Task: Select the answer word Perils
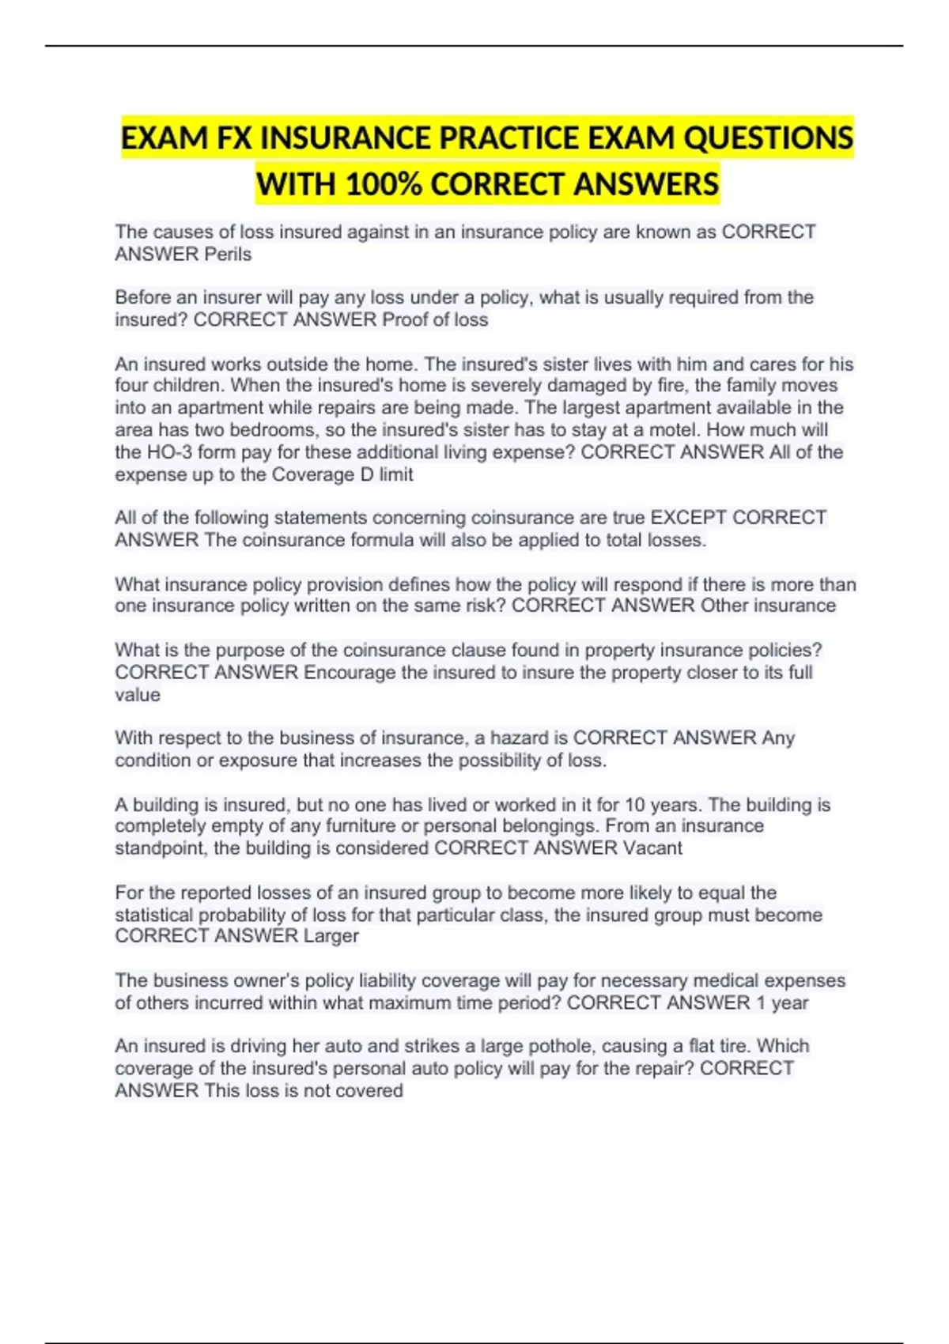tap(228, 255)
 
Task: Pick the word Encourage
tap(350, 673)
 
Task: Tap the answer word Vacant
tap(652, 848)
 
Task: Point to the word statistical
tap(154, 915)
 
